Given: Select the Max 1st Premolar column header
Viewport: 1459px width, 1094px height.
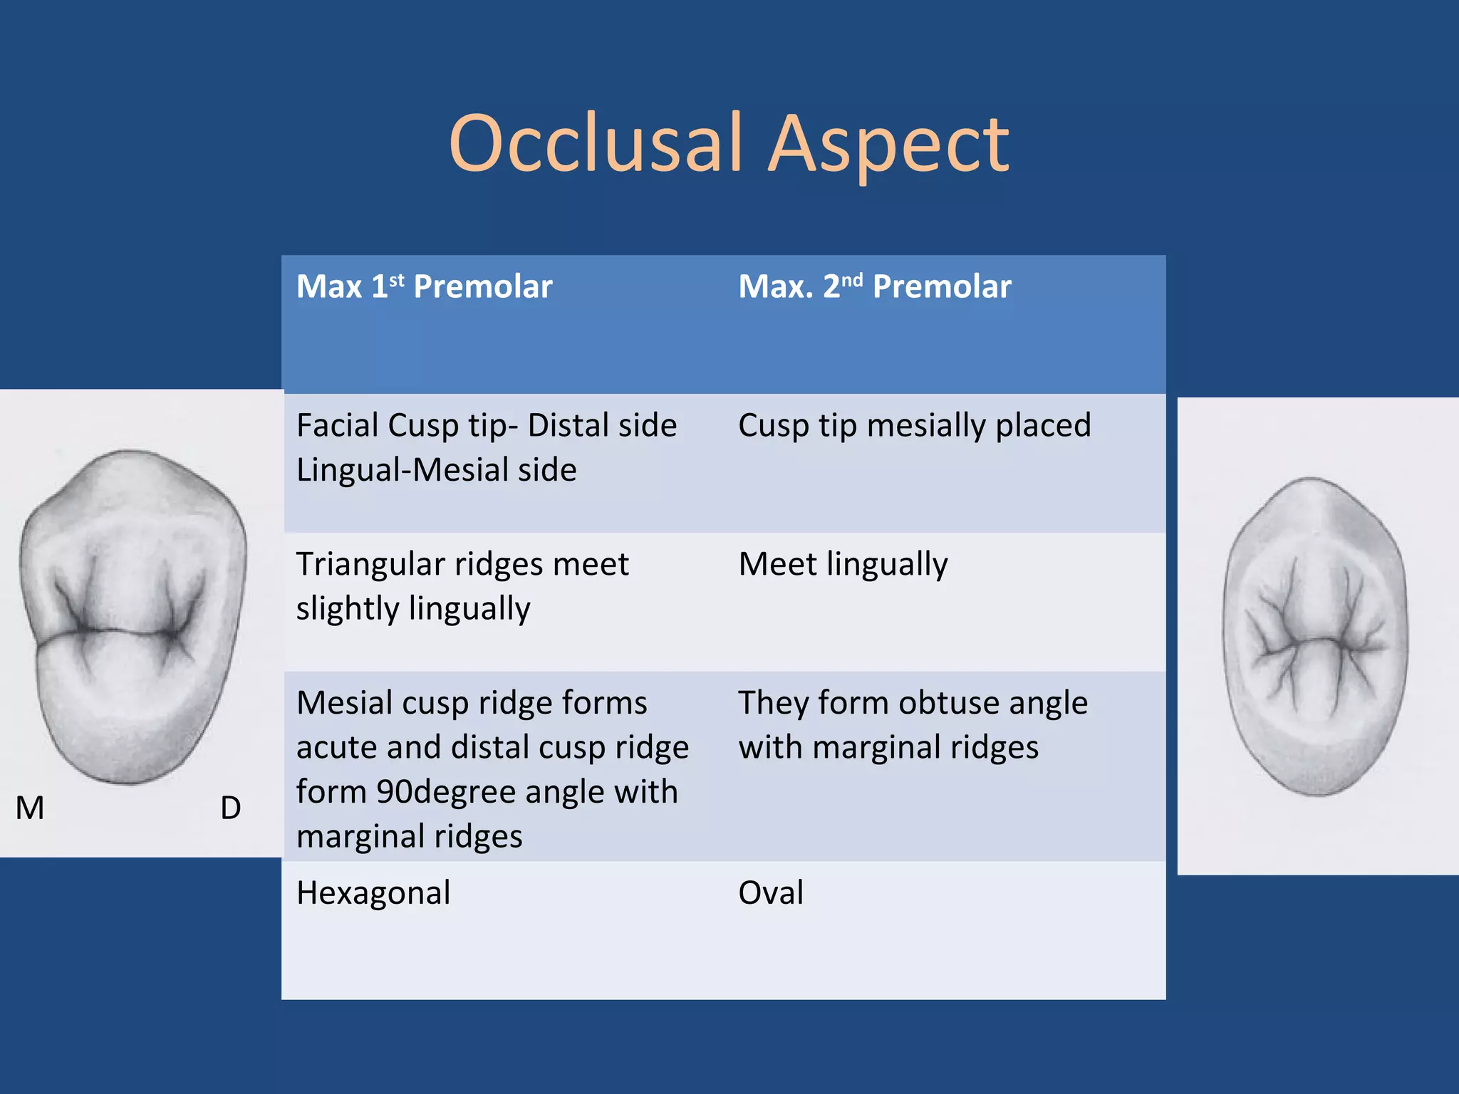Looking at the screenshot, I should tap(424, 287).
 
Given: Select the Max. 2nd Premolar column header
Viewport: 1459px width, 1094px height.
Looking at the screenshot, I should tap(874, 287).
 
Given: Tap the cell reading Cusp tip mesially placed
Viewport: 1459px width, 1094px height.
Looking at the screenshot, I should tap(914, 425).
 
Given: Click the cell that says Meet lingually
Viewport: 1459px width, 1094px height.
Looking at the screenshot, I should tap(843, 564).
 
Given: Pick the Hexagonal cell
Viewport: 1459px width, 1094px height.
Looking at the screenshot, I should tap(373, 892).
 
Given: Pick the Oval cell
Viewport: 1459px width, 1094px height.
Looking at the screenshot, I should tap(771, 892).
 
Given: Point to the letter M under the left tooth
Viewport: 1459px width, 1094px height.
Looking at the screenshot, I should tap(30, 808).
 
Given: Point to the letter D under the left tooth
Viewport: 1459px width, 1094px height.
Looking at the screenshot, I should tap(230, 808).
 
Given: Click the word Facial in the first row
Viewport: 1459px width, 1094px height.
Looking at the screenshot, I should tap(338, 425).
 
